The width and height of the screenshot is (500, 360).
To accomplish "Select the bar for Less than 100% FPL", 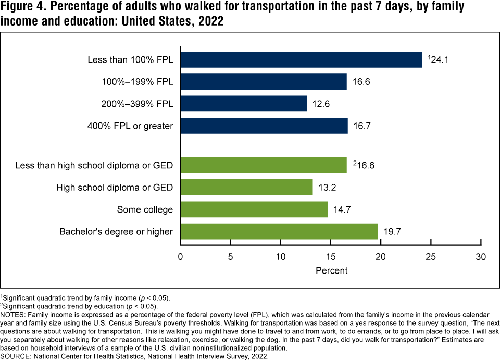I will (x=301, y=59).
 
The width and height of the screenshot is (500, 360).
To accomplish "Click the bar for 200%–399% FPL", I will (x=244, y=104).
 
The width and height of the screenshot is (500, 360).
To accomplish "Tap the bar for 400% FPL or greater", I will (x=264, y=126).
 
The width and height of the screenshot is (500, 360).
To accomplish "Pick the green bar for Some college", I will (x=254, y=209).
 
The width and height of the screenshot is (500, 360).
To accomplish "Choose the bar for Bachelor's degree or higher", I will (x=279, y=231).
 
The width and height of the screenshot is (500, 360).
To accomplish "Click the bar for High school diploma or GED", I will (x=246, y=187).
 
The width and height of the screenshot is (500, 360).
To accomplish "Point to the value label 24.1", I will (x=440, y=59).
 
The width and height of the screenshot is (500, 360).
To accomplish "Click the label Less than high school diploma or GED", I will (x=94, y=166).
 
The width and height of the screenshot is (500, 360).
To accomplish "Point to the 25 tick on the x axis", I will (x=431, y=257).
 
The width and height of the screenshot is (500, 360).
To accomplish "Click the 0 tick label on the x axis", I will (x=180, y=257).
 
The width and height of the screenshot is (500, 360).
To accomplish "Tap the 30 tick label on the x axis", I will (x=481, y=257).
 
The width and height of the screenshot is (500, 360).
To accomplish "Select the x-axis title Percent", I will (x=331, y=271).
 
